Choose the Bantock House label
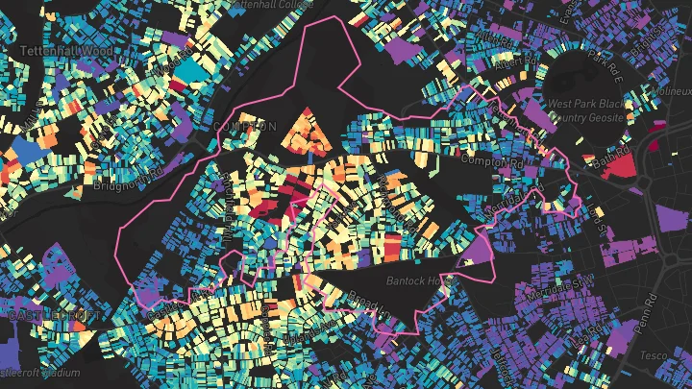419,281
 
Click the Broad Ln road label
367,304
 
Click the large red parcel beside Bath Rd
622,165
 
